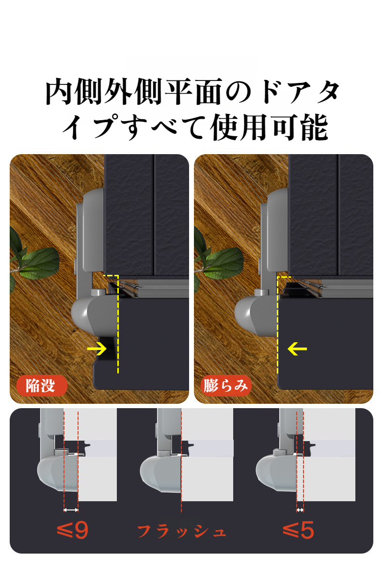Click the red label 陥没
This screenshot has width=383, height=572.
[40, 386]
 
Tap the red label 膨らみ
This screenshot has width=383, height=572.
[226, 386]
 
